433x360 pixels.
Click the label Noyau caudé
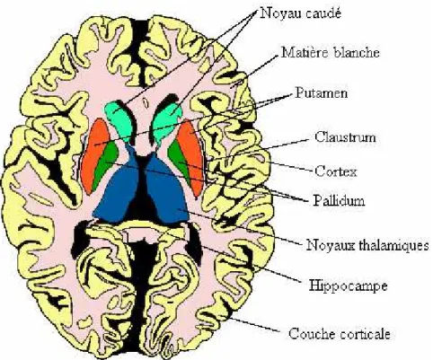click(301, 13)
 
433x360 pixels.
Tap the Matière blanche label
click(331, 53)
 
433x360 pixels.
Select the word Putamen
click(322, 92)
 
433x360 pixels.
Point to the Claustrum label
click(345, 137)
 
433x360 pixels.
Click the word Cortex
click(336, 171)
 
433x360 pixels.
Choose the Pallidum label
click(339, 200)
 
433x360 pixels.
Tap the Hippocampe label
click(348, 285)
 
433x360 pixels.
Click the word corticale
click(362, 333)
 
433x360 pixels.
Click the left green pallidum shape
click(104, 164)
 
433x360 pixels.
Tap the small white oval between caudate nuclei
click(146, 103)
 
